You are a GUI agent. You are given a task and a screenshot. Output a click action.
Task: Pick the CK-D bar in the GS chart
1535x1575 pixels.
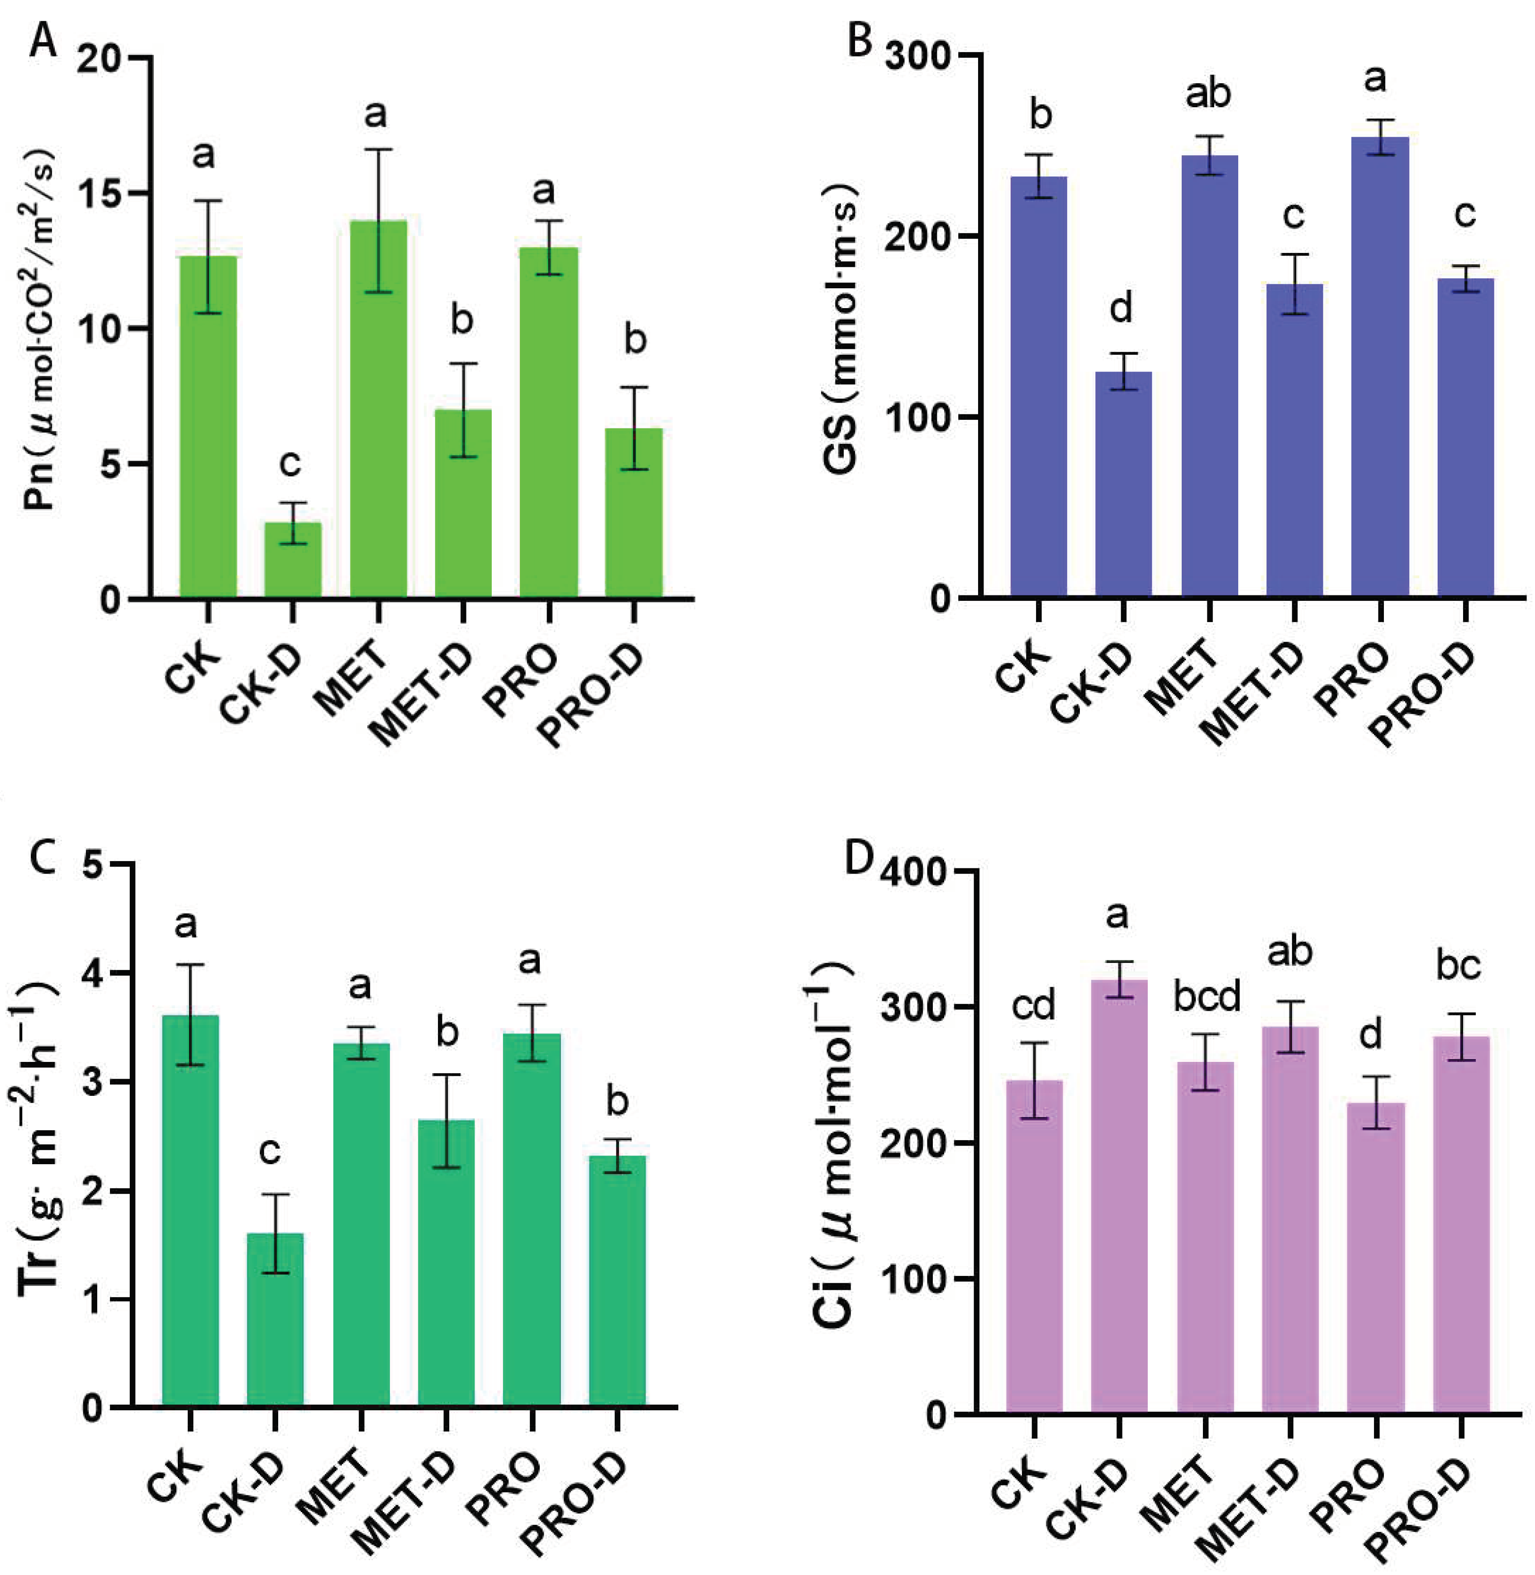1123,484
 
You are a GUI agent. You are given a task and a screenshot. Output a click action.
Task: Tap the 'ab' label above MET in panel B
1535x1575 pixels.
1207,95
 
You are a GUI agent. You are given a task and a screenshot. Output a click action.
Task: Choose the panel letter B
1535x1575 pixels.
860,40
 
